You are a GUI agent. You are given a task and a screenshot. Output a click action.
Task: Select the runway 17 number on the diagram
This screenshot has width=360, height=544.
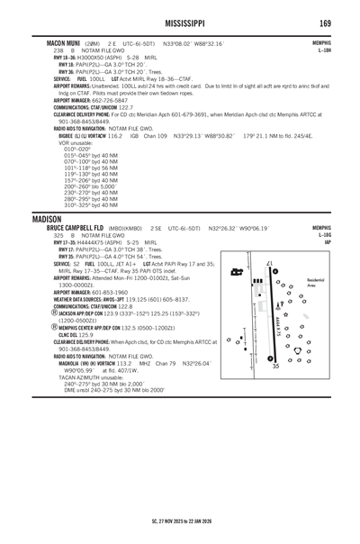pyautogui.click(x=270, y=263)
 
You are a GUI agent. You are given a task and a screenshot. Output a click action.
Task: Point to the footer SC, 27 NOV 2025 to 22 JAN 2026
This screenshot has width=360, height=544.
pyautogui.click(x=180, y=520)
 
